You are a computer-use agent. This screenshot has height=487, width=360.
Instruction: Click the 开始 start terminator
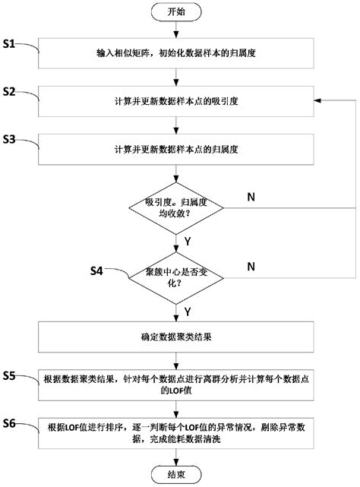pyautogui.click(x=177, y=12)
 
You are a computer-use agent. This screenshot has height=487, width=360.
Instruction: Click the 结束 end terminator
pyautogui.click(x=177, y=474)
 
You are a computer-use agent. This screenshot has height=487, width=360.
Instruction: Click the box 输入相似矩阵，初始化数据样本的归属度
pyautogui.click(x=177, y=55)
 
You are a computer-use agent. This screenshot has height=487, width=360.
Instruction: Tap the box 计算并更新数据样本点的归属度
pyautogui.click(x=177, y=148)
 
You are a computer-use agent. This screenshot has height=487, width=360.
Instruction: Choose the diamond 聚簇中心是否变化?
pyautogui.click(x=177, y=275)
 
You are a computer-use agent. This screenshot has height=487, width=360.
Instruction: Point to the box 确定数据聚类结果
pyautogui.click(x=177, y=337)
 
